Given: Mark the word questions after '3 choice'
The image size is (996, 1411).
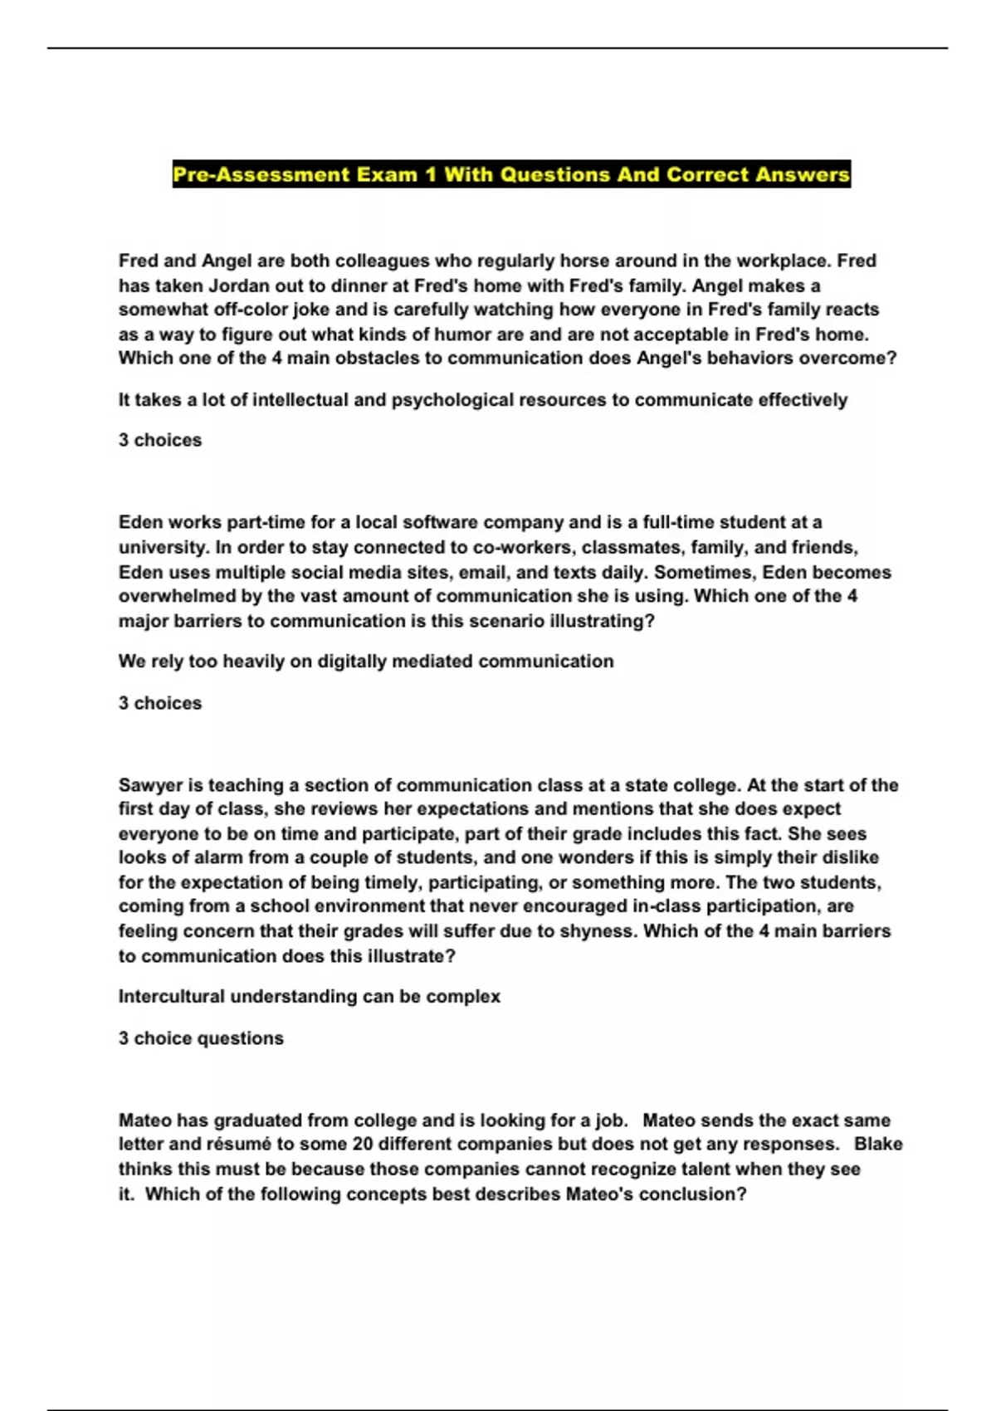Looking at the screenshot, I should pyautogui.click(x=247, y=1038).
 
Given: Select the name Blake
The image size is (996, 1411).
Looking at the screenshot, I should pyautogui.click(x=877, y=1145).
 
